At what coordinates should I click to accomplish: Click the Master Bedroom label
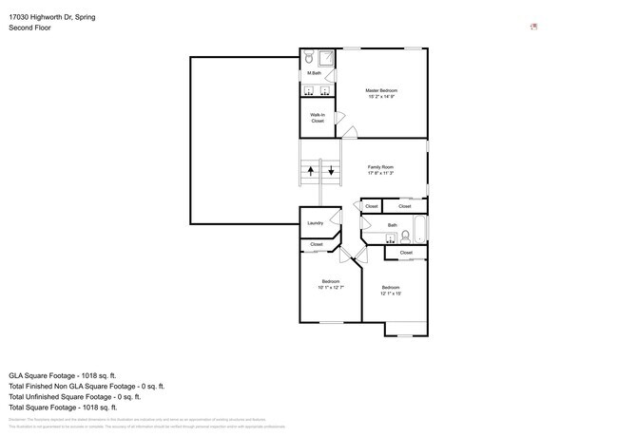click(380, 90)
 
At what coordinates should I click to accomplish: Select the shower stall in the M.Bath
click(326, 57)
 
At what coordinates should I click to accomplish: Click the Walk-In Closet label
click(318, 118)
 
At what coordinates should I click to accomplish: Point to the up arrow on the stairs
click(310, 172)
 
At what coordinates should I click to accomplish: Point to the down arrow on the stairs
click(331, 172)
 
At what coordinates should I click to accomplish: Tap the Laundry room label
click(315, 223)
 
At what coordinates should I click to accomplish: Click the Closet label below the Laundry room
click(316, 244)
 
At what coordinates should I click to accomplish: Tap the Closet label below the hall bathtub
click(406, 253)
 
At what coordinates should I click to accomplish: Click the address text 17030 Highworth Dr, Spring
click(51, 17)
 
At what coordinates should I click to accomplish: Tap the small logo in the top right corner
click(533, 27)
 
